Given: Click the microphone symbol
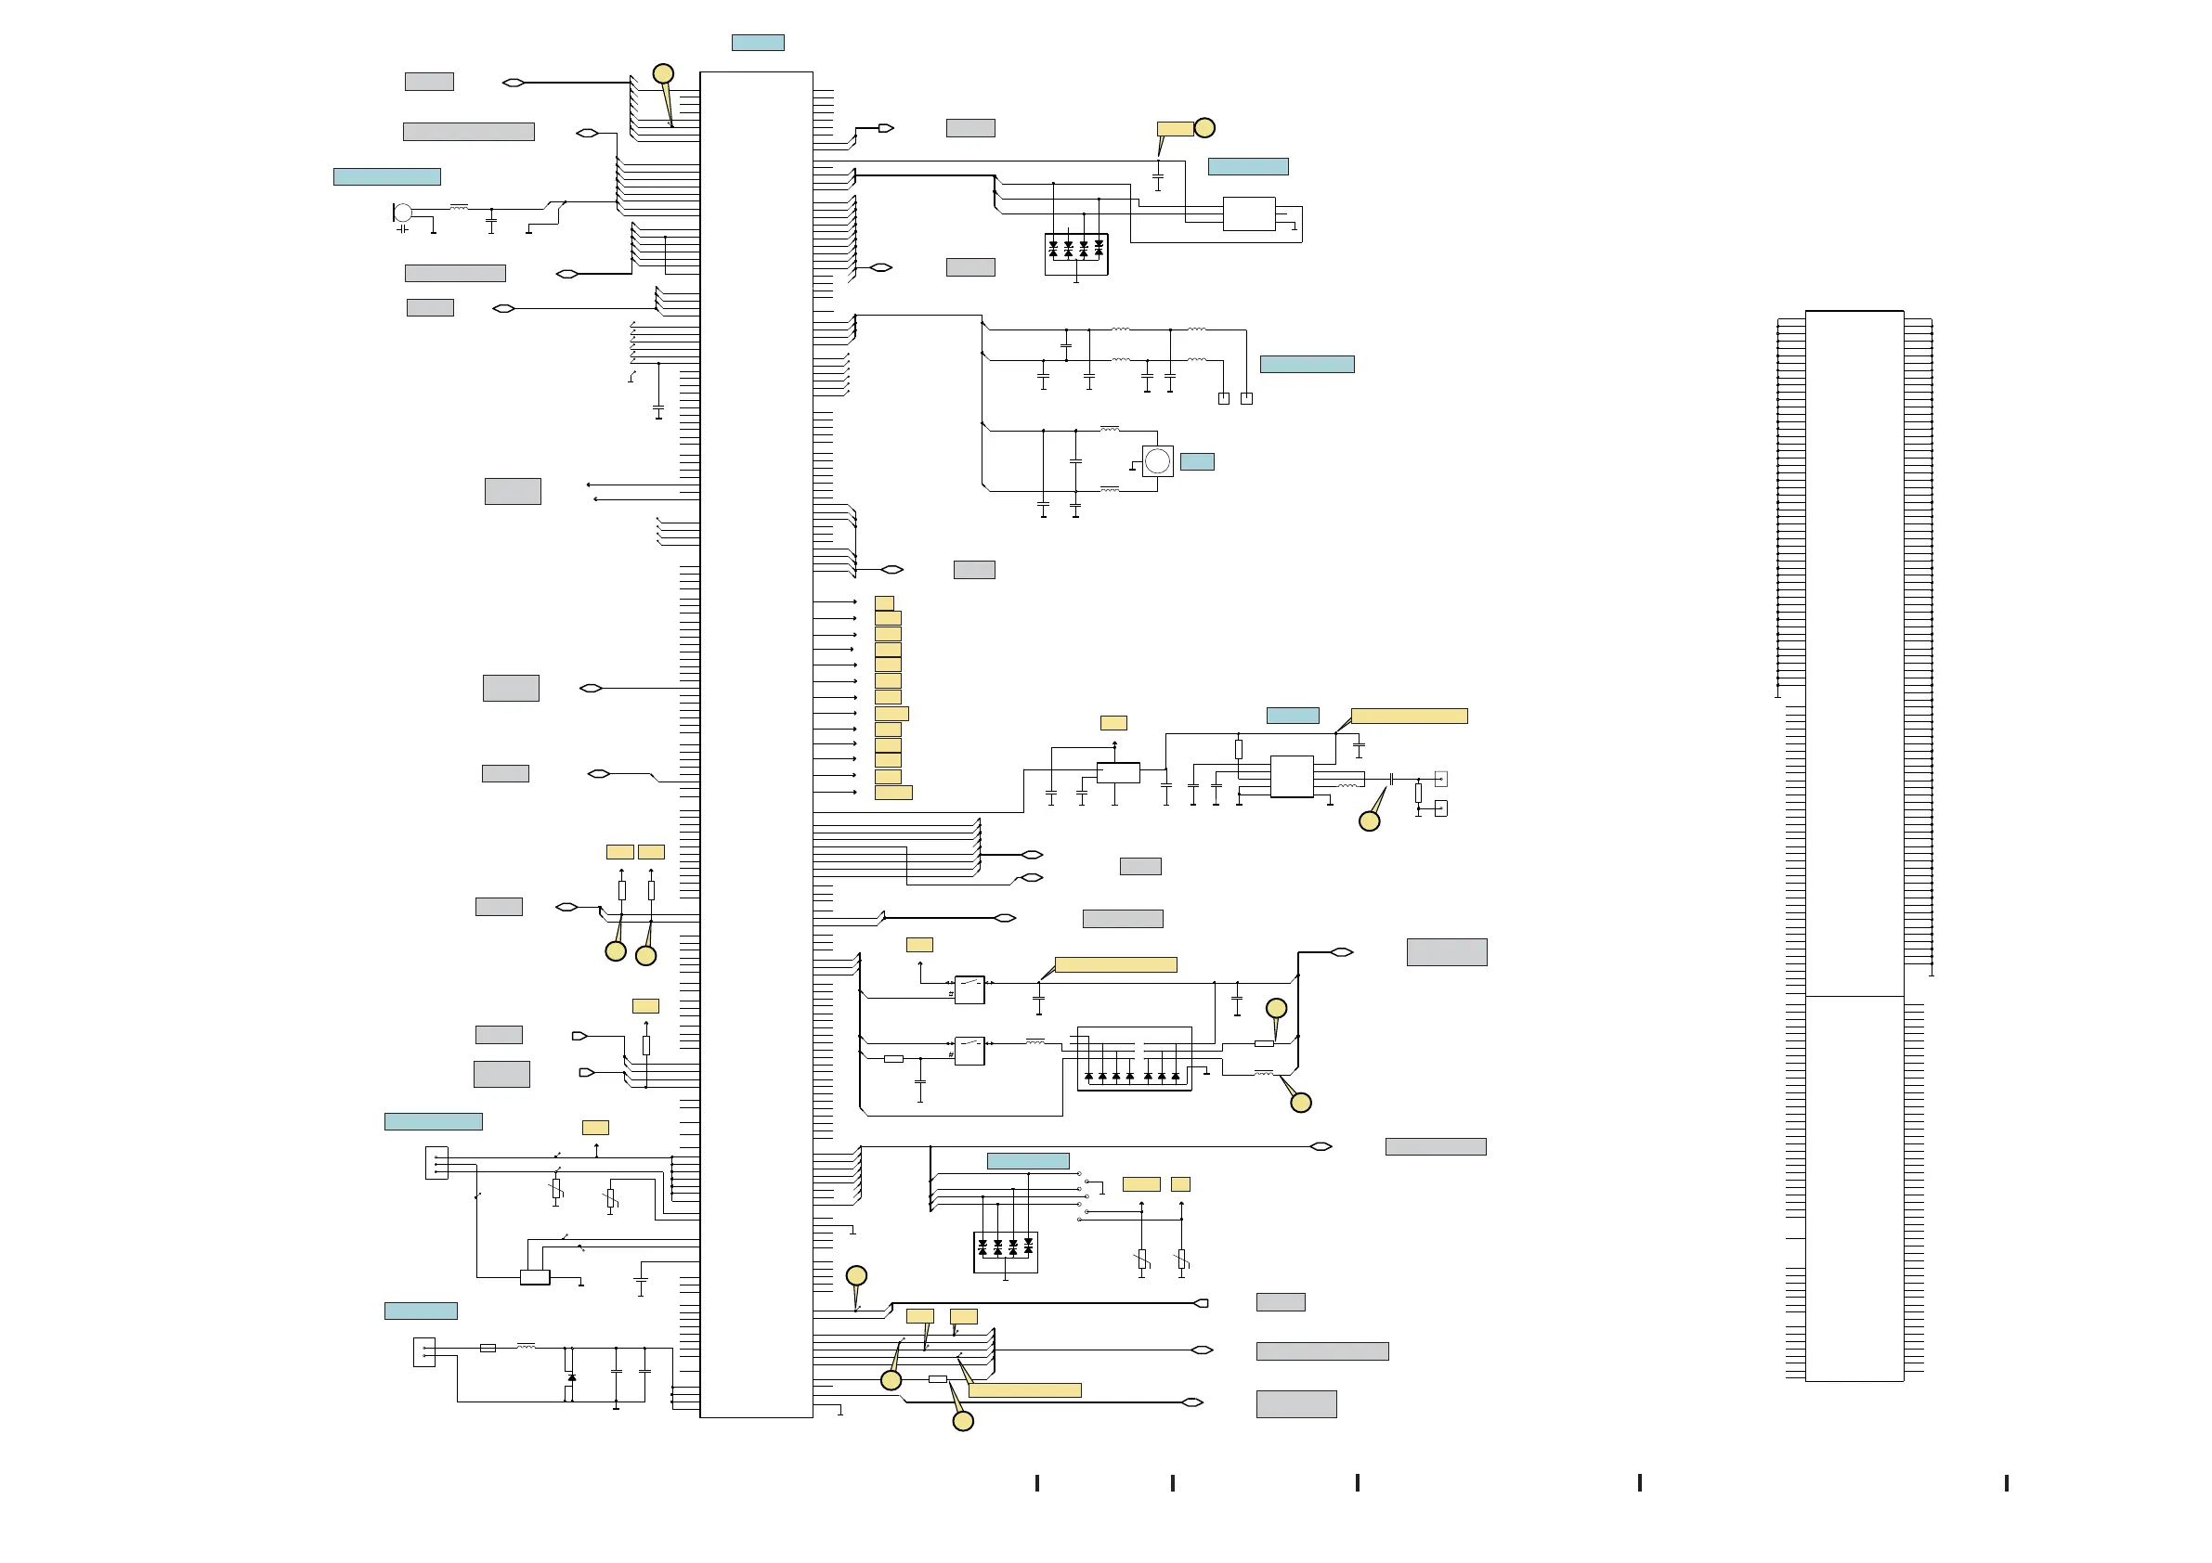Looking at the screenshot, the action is click(403, 213).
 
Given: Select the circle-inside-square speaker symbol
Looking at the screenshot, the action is click(1157, 461).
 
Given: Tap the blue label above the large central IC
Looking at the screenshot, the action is click(757, 43).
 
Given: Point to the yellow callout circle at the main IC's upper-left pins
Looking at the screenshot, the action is click(663, 73).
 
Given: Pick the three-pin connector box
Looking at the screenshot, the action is click(436, 1162).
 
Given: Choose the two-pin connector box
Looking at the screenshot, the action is click(423, 1352).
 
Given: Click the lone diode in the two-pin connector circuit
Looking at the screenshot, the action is click(571, 1377).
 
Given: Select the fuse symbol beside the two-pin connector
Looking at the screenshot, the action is click(488, 1348).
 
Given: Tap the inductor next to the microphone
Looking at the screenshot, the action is click(459, 207).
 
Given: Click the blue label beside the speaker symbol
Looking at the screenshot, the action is click(1197, 461).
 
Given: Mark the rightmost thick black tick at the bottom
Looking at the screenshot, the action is click(2006, 1483).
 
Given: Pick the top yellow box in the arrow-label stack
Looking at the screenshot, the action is click(883, 603).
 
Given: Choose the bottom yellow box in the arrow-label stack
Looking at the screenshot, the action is click(893, 793).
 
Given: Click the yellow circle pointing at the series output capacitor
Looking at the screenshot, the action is click(1369, 820).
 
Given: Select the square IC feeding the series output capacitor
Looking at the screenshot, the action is click(1291, 776).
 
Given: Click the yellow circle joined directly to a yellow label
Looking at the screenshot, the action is click(1204, 127).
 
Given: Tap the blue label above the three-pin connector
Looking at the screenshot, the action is click(433, 1121).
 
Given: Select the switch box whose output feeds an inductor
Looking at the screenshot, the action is click(969, 1051).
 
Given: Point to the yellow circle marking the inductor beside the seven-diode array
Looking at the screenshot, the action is click(1301, 1103).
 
